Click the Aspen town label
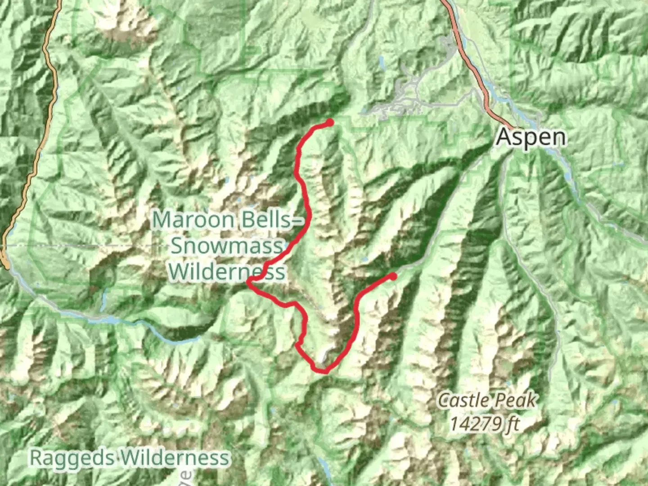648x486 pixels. (x=531, y=137)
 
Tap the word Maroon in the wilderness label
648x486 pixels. (x=193, y=220)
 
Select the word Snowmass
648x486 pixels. (x=227, y=246)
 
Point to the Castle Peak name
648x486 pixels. (x=487, y=400)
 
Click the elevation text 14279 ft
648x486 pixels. (x=485, y=423)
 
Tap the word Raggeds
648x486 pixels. (x=72, y=458)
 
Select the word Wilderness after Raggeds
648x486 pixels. (x=175, y=458)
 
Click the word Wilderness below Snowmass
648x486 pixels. (x=227, y=272)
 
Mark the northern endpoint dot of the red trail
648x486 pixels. (x=330, y=122)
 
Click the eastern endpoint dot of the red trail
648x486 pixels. (x=393, y=276)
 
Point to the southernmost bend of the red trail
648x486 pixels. (x=320, y=371)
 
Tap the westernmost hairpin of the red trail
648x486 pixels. (x=249, y=282)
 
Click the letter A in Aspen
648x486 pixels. (x=504, y=137)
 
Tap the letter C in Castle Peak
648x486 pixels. (x=444, y=400)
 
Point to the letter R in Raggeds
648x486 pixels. (x=37, y=458)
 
